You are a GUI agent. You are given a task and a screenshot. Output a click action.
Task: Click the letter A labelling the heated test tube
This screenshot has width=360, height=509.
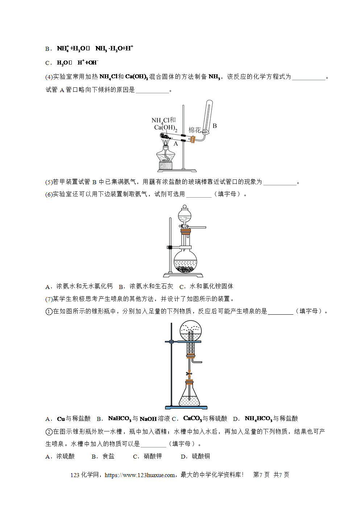tap(176, 144)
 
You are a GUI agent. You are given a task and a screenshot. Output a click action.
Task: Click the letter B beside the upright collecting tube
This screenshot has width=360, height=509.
tap(215, 126)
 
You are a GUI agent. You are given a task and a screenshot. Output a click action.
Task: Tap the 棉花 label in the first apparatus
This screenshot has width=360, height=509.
tap(195, 130)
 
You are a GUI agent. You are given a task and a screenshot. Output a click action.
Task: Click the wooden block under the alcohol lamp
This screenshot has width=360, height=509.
tap(166, 165)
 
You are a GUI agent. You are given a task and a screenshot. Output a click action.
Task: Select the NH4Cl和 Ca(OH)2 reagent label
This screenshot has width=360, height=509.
tap(165, 124)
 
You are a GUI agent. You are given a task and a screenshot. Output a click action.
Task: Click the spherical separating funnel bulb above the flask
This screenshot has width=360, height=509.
tap(185, 215)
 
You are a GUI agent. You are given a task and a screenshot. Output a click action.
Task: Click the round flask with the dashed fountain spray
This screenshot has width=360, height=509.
tap(190, 331)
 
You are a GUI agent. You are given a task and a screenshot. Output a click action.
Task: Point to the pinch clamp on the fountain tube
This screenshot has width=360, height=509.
tap(189, 373)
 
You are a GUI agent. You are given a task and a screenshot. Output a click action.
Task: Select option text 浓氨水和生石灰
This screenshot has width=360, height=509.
tap(151, 286)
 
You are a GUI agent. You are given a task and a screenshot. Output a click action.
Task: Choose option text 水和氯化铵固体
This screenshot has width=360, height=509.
tap(211, 286)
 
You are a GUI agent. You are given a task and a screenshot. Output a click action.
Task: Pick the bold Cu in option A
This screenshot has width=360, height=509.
tap(61, 419)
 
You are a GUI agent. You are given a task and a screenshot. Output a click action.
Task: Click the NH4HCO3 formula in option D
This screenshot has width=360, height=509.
tap(258, 419)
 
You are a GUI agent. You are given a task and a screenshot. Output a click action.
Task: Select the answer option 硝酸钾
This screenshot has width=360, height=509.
tap(153, 456)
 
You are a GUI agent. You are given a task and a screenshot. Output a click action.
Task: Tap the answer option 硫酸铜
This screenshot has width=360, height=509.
tap(201, 456)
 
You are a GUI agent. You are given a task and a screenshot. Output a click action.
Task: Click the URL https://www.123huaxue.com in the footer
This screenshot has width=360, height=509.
tap(140, 475)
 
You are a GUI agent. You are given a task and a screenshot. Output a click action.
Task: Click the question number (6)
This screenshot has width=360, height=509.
tap(49, 194)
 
